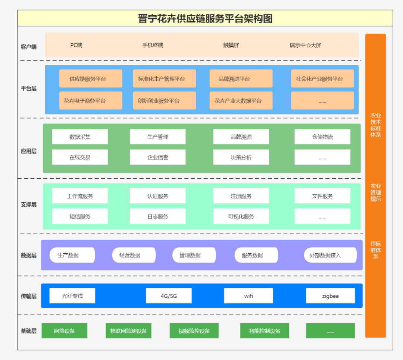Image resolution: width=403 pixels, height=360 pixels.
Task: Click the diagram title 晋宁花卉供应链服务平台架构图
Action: [205, 18]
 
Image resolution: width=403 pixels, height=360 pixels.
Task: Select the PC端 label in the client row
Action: [76, 45]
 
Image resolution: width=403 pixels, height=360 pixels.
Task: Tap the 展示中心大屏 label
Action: [305, 45]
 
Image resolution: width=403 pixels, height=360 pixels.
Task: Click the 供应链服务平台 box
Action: [91, 79]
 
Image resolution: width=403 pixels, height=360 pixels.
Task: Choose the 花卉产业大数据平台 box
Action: [241, 101]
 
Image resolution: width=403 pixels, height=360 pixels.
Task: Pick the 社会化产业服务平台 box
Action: [322, 79]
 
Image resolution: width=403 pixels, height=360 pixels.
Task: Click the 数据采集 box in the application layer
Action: [80, 137]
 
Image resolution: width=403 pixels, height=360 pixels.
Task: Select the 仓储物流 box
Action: [322, 137]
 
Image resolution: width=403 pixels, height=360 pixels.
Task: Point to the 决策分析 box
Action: [241, 157]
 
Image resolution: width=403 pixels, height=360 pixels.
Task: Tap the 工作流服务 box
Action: [80, 196]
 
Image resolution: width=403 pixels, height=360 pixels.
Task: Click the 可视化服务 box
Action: [241, 216]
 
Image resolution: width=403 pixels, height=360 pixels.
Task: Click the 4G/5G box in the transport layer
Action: [169, 296]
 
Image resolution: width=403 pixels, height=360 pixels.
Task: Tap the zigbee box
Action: [330, 296]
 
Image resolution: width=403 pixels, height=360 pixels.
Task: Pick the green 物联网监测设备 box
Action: [128, 331]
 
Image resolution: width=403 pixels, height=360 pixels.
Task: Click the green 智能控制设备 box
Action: [265, 331]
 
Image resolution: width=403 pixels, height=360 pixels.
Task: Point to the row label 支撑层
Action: [29, 205]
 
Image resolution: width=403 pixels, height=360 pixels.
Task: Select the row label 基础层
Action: [29, 331]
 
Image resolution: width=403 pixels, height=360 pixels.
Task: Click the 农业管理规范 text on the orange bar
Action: [375, 192]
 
